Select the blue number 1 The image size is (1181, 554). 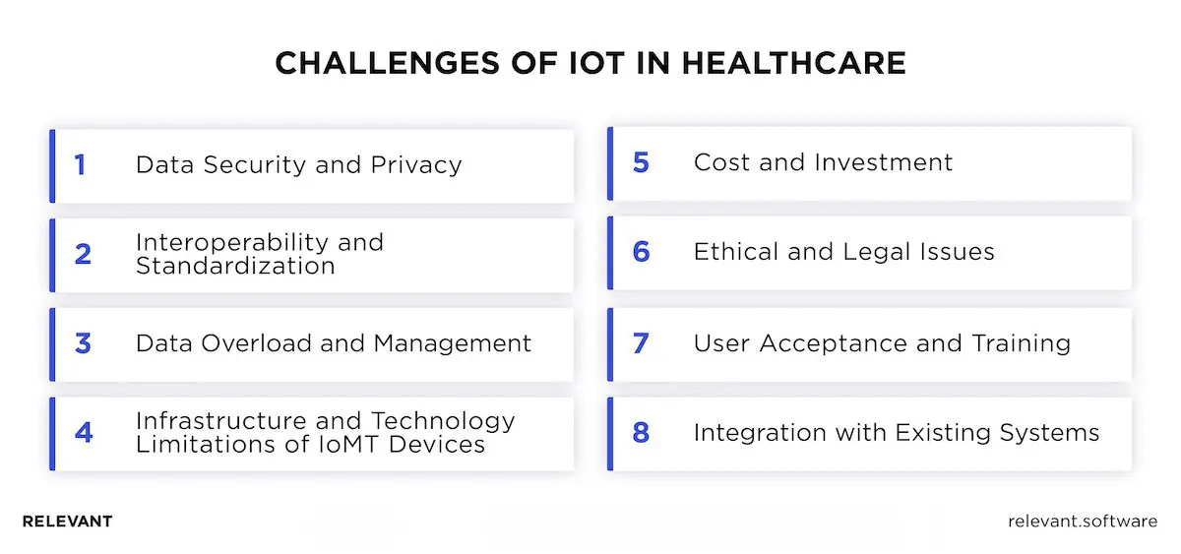(x=81, y=164)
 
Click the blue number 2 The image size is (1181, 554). (x=83, y=254)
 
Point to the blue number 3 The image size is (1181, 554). (x=83, y=343)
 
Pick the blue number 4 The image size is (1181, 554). (x=83, y=432)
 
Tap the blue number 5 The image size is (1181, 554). (x=641, y=163)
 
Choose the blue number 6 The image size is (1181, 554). (x=641, y=253)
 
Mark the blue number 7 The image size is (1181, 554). (x=641, y=343)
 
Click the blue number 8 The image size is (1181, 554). (x=641, y=432)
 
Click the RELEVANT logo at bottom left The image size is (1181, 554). (x=67, y=522)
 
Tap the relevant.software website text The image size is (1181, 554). (x=1083, y=522)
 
